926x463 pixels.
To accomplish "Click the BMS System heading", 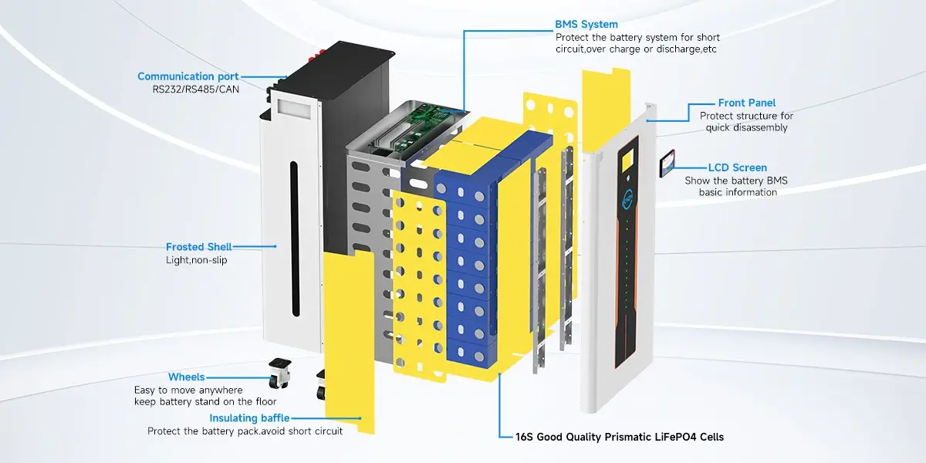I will click(x=586, y=25).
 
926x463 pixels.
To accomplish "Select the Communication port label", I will click(x=188, y=76).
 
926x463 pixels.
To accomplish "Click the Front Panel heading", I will click(x=746, y=103).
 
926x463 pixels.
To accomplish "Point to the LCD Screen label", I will click(x=737, y=167).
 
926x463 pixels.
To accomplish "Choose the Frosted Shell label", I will click(x=198, y=247).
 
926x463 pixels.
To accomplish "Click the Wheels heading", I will click(x=186, y=377).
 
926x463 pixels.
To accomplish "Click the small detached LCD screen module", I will click(x=667, y=164).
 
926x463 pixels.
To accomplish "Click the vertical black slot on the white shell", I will click(x=294, y=239).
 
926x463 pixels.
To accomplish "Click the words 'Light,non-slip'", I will click(x=197, y=260).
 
